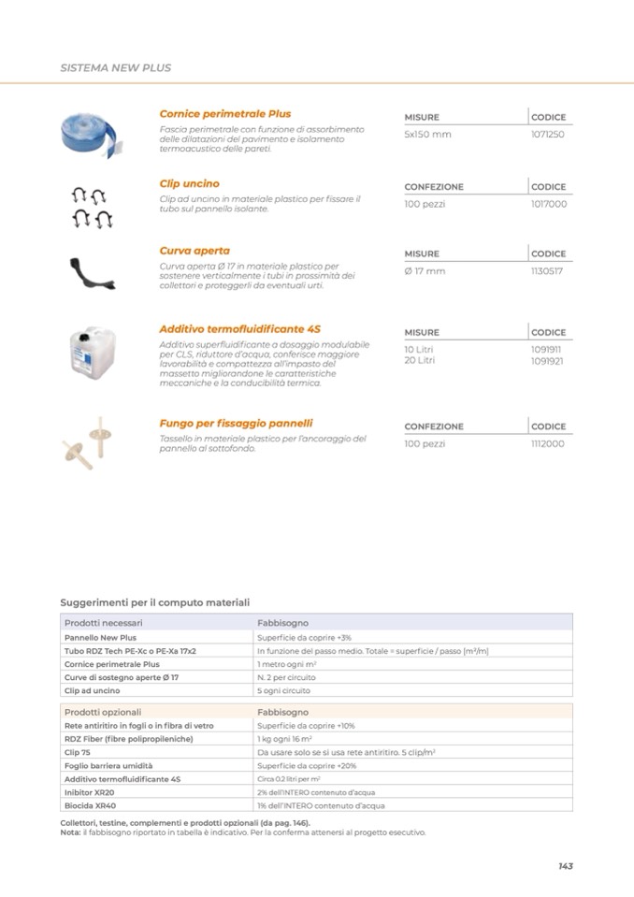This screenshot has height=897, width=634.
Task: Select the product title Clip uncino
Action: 189,184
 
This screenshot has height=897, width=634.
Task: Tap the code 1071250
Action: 547,135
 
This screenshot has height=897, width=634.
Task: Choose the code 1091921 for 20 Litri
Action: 547,360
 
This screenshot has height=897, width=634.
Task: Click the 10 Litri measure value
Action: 419,350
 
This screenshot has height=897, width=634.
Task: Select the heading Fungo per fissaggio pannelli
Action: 236,423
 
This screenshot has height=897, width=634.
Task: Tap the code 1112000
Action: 547,443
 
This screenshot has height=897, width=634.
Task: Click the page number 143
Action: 565,866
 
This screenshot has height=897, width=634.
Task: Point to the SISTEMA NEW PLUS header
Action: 115,68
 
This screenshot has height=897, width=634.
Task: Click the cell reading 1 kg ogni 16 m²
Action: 284,739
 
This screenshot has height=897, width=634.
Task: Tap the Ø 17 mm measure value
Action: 425,271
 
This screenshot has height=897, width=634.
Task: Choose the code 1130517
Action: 547,271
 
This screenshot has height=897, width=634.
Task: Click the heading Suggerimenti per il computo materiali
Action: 154,602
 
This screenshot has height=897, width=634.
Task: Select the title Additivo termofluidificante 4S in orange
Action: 239,329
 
